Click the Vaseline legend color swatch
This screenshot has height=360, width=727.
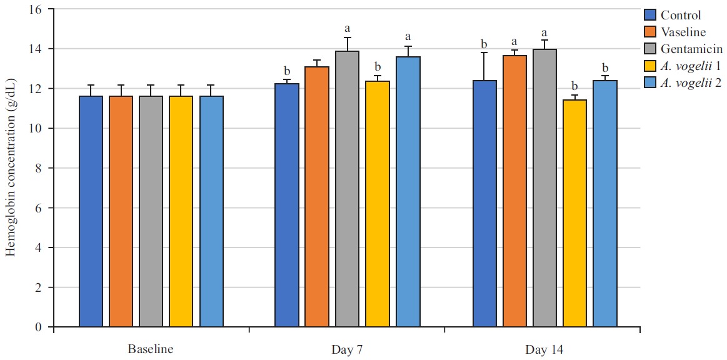click(650, 32)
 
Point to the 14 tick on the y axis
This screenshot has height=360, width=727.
click(40, 49)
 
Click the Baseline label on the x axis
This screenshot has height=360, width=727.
click(151, 349)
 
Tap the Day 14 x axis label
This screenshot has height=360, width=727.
click(543, 349)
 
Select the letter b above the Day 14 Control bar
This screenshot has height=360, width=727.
click(484, 44)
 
